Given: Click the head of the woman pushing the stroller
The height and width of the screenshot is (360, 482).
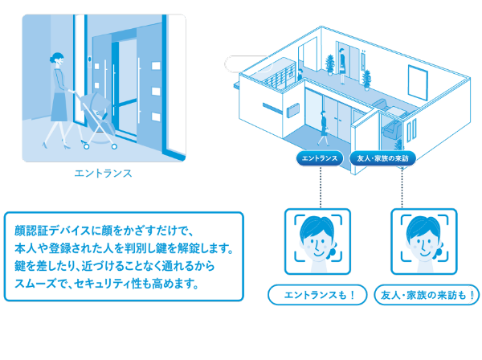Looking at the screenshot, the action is click(x=58, y=59).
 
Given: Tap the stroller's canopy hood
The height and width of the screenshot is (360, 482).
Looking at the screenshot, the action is click(x=97, y=100).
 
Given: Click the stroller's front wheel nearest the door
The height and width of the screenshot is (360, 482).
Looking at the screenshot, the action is click(x=114, y=146).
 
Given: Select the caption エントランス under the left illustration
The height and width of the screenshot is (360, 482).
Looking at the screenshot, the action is click(x=104, y=174).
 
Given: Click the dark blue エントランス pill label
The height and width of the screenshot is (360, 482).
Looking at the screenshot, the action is click(x=320, y=158).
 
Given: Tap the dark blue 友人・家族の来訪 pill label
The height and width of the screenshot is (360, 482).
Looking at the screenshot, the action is click(x=382, y=158).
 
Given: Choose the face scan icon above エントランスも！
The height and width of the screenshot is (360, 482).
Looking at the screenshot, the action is click(x=317, y=241).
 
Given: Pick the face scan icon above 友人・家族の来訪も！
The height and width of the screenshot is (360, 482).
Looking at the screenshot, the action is click(x=424, y=241).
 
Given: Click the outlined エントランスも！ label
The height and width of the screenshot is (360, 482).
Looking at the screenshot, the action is click(x=317, y=295).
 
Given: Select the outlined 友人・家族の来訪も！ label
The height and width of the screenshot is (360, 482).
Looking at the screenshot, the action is click(x=427, y=295).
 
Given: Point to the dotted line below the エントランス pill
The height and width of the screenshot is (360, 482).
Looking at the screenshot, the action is click(x=321, y=187).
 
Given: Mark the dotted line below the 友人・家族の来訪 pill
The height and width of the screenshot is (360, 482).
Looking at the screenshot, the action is click(x=402, y=187).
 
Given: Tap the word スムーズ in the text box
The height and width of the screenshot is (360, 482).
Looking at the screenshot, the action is click(x=35, y=284).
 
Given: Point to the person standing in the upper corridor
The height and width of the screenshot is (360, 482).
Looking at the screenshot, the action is click(x=342, y=65).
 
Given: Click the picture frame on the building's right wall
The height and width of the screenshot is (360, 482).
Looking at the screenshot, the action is click(x=418, y=83).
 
